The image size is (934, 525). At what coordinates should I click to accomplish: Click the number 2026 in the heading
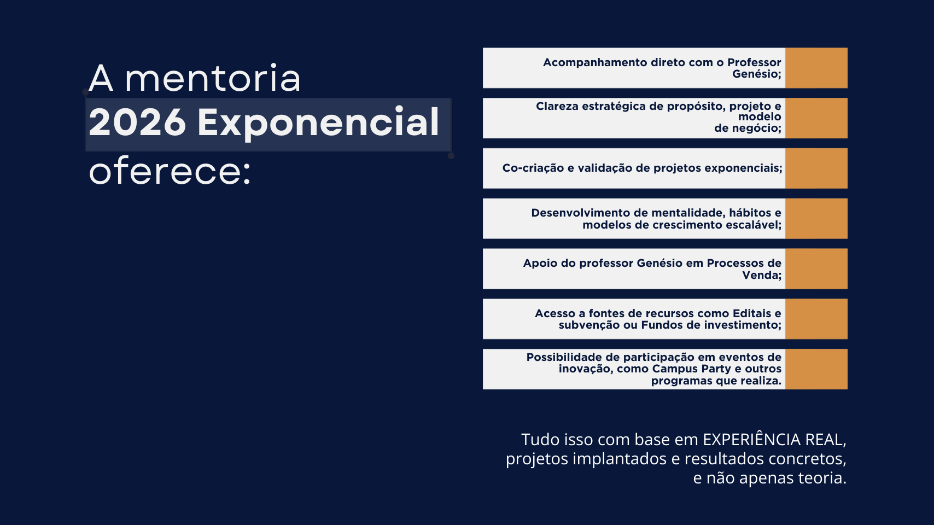click(137, 122)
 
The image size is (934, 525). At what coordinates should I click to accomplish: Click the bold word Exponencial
click(318, 122)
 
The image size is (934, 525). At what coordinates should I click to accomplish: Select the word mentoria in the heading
click(213, 79)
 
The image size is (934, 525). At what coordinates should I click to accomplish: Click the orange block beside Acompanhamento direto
click(816, 68)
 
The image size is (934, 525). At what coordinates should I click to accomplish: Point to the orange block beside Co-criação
click(816, 168)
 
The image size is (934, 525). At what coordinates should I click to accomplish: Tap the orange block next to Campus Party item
click(816, 369)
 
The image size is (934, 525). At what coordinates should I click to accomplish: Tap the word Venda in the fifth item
click(760, 275)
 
